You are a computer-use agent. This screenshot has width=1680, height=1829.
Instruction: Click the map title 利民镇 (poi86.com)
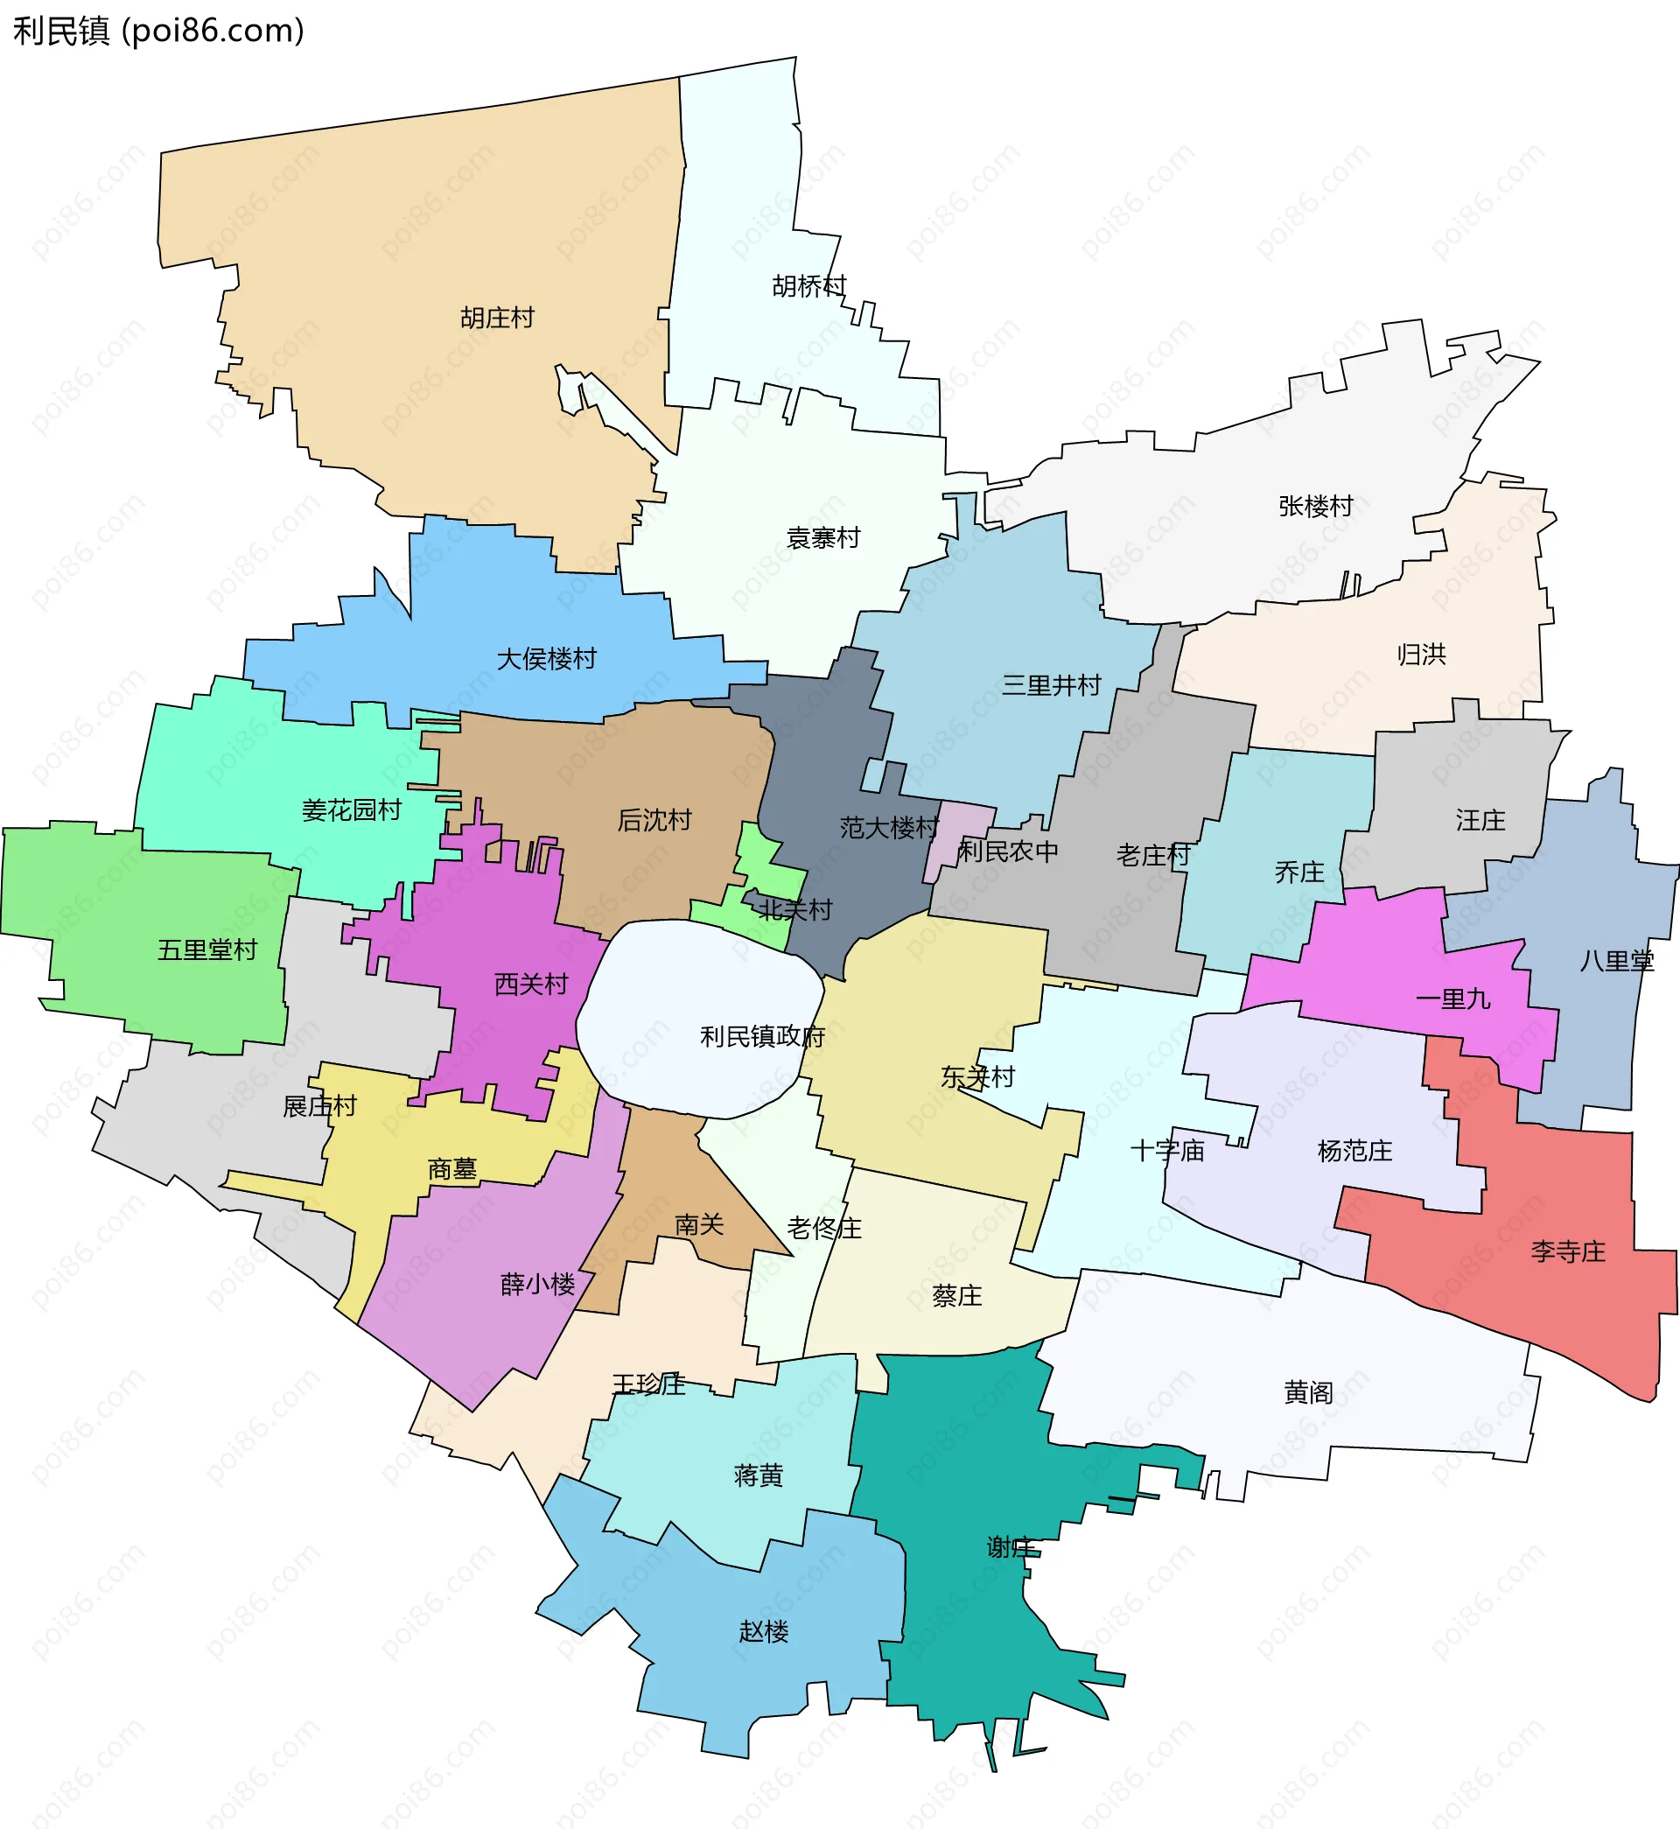pyautogui.click(x=158, y=31)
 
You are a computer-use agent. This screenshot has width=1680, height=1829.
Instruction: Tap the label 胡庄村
pyautogui.click(x=496, y=319)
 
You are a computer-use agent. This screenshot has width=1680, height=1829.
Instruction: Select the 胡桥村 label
pyautogui.click(x=809, y=286)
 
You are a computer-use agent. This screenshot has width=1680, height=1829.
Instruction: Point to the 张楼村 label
pyautogui.click(x=1315, y=507)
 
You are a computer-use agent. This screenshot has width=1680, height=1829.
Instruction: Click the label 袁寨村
pyautogui.click(x=822, y=538)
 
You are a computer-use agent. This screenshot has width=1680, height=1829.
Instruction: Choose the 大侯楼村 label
pyautogui.click(x=546, y=659)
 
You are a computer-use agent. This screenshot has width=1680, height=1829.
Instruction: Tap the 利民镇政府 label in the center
pyautogui.click(x=762, y=1036)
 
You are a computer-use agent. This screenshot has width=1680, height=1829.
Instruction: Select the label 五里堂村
pyautogui.click(x=207, y=950)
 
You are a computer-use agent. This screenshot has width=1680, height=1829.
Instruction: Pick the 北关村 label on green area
pyautogui.click(x=794, y=910)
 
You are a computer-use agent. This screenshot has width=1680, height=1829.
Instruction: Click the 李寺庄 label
pyautogui.click(x=1568, y=1251)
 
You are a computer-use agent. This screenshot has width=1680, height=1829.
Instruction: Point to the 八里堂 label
pyautogui.click(x=1616, y=961)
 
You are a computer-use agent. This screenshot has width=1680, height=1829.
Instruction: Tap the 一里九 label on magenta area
pyautogui.click(x=1452, y=1000)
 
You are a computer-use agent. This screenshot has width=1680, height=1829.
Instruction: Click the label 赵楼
pyautogui.click(x=764, y=1632)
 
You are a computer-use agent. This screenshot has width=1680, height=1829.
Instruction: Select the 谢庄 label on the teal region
pyautogui.click(x=1010, y=1547)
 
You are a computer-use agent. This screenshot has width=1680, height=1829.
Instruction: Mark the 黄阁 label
pyautogui.click(x=1308, y=1392)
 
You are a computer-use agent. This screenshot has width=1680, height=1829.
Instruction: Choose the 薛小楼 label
pyautogui.click(x=537, y=1285)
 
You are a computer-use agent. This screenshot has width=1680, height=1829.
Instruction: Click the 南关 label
pyautogui.click(x=699, y=1225)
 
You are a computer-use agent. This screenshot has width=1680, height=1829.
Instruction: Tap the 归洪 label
pyautogui.click(x=1421, y=655)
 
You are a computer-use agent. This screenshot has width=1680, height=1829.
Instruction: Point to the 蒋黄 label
pyautogui.click(x=758, y=1475)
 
